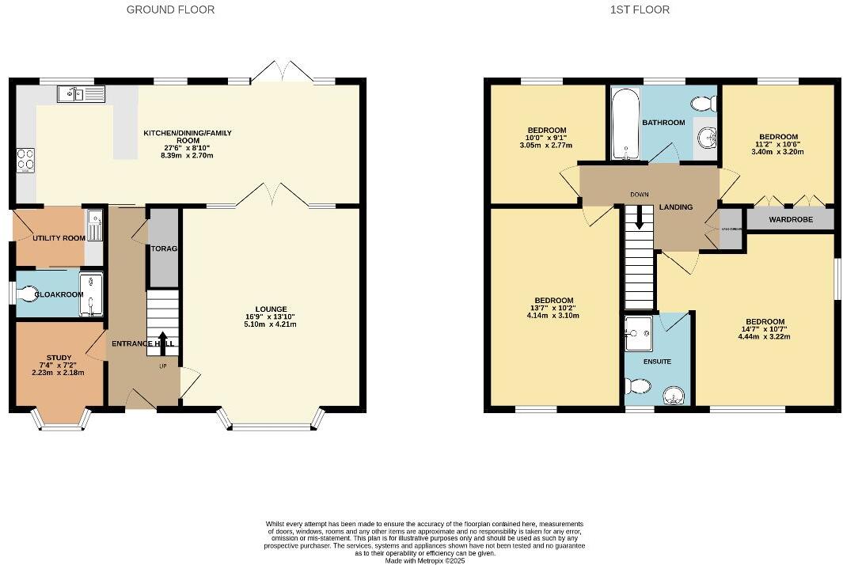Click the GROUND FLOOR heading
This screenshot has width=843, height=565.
point(171,9)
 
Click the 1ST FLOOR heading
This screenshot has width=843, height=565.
point(640,9)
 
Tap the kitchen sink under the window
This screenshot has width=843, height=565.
point(81,95)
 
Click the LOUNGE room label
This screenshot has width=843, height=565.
point(271,309)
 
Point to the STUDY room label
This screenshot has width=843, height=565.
point(59,357)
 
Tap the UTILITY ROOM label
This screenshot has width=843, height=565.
point(58,238)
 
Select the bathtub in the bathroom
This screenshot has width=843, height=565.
point(625,124)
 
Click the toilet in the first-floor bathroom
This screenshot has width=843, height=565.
point(702,104)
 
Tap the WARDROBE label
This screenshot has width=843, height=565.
point(791,219)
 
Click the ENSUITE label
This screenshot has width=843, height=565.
point(657,362)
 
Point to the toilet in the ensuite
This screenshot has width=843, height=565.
point(638,386)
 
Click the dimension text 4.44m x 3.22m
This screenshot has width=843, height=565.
point(764,336)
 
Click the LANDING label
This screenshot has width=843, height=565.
point(676,207)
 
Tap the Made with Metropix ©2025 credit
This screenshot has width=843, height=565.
point(424,560)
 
